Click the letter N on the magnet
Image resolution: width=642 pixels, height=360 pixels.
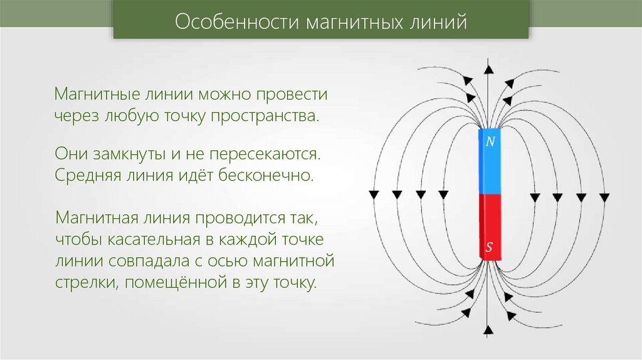click(x=490, y=142)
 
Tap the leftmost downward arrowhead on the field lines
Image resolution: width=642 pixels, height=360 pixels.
click(x=374, y=194)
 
